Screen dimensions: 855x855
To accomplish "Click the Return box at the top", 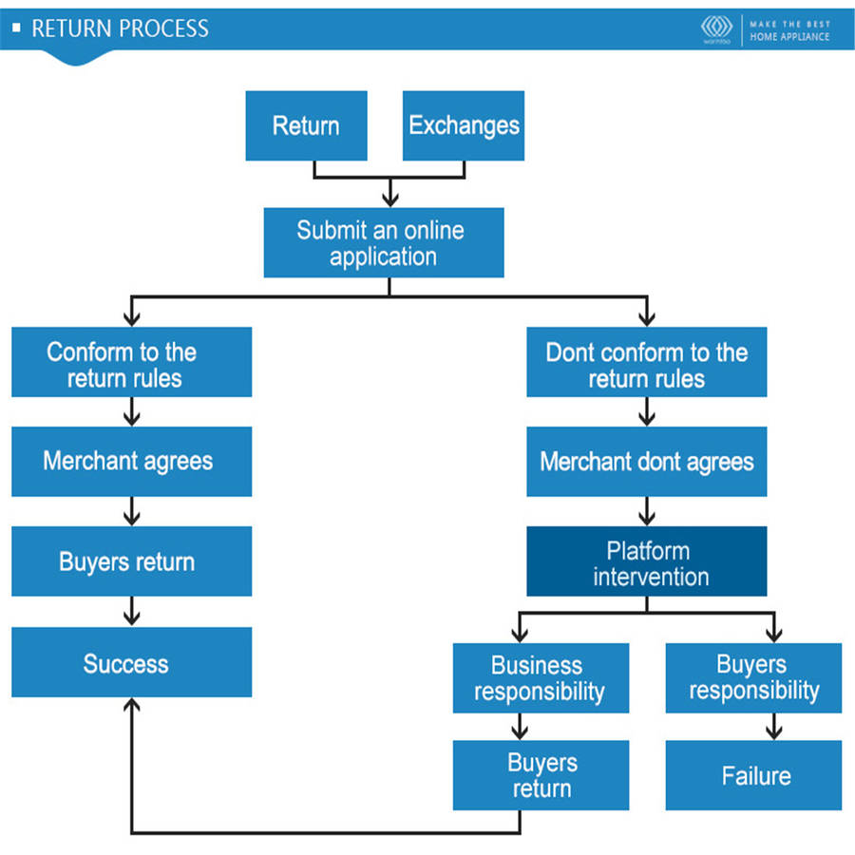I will coord(306,125).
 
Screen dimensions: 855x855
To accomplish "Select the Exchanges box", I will coord(464,125).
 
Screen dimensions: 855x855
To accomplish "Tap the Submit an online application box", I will coord(383,243).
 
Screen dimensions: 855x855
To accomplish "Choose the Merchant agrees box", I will coord(131,462).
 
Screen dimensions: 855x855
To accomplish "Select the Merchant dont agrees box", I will coord(646,462).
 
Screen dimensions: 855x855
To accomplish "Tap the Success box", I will coord(131,662).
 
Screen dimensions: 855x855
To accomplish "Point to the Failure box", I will coord(753,775).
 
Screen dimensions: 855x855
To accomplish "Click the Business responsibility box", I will coord(540,677).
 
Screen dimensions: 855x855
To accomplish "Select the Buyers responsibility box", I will coord(753,677).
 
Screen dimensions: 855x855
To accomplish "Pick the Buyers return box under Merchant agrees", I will coord(131,561).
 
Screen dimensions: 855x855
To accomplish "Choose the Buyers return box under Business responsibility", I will coord(540,775).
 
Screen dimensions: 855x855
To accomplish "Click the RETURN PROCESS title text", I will coord(120,28).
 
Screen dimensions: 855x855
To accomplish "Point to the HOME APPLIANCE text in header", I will coord(789,37).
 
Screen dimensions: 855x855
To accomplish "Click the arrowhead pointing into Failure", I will coord(774,732).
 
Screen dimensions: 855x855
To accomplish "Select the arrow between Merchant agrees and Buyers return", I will coord(132,512).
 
